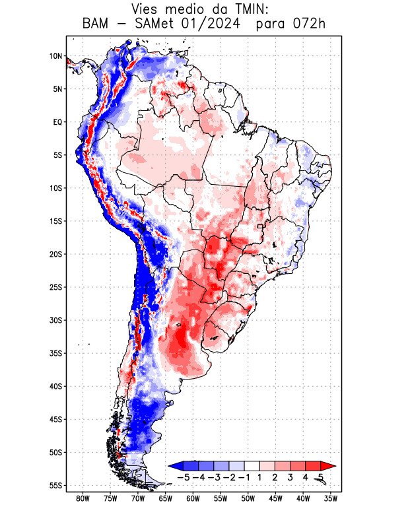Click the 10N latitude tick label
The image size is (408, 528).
(55, 56)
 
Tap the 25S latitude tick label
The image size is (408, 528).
(55, 287)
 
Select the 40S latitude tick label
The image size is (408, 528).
(55, 386)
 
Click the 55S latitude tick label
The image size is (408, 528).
(55, 485)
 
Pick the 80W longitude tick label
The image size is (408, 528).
(83, 498)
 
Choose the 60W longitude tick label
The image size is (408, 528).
(193, 498)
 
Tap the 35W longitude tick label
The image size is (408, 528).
(331, 498)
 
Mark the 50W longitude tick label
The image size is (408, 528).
(248, 498)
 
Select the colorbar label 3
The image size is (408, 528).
(290, 477)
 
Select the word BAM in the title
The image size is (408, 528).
(96, 24)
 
